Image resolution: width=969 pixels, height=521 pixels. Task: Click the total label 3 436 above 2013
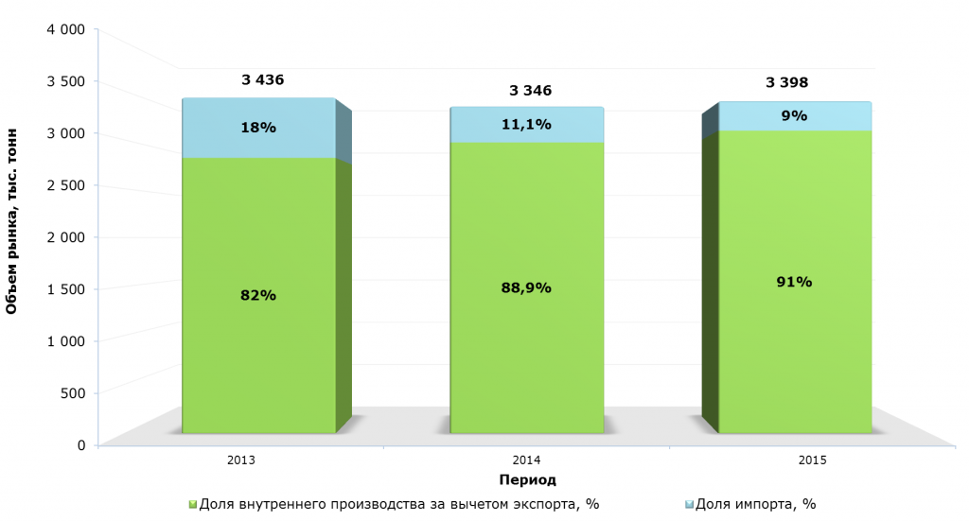coord(263,80)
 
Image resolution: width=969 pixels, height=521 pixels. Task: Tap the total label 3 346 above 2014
coord(530,91)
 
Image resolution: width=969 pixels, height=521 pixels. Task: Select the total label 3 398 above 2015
coord(787,83)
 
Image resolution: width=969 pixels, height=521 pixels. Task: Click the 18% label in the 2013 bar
coord(258,127)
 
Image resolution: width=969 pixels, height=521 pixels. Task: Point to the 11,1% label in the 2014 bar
coord(526,124)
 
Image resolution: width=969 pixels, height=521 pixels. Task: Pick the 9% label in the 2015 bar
coord(794,115)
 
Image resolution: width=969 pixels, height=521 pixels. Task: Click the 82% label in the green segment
coord(258,295)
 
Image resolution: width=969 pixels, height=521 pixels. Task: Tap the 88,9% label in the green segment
coord(526,287)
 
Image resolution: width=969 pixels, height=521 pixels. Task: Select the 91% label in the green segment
coord(794,281)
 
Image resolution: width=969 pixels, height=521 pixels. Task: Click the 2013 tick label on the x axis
coord(240,460)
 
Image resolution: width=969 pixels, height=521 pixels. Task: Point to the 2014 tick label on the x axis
coord(526,460)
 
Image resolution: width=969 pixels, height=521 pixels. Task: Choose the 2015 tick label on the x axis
coord(812,460)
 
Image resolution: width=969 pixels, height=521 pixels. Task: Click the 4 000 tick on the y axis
coord(66,29)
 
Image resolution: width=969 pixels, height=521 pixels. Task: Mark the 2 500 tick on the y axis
coord(66,185)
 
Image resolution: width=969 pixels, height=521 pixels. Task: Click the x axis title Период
coord(527,479)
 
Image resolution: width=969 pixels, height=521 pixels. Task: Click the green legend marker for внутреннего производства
coord(193,505)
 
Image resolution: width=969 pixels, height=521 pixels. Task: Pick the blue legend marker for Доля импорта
coord(689,505)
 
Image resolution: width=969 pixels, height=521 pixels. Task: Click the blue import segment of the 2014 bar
coord(526,134)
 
